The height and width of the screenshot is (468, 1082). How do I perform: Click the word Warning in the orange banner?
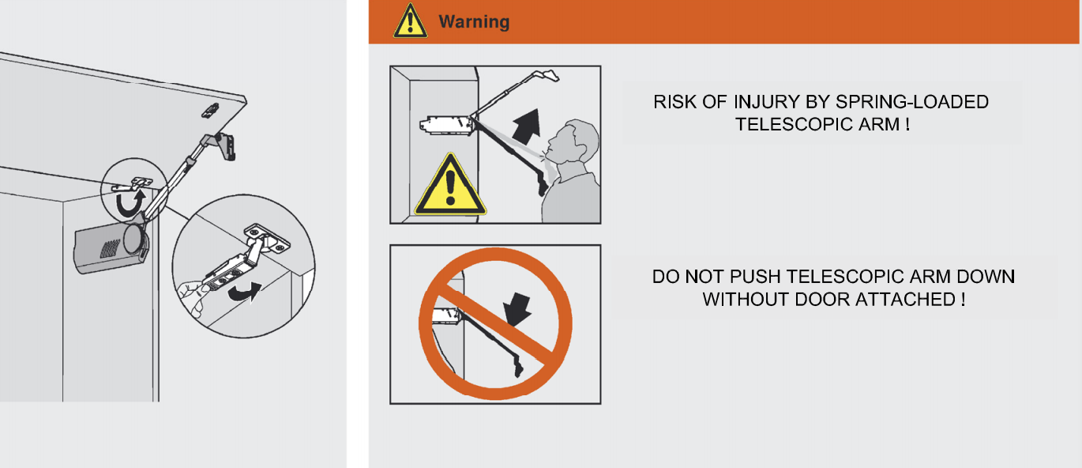pyautogui.click(x=474, y=22)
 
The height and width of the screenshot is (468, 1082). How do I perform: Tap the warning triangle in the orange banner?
pyautogui.click(x=410, y=21)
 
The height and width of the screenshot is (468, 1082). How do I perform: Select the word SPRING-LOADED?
pyautogui.click(x=912, y=102)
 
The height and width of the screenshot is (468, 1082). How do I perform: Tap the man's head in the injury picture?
pyautogui.click(x=574, y=142)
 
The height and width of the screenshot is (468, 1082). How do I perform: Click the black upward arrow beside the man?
pyautogui.click(x=527, y=126)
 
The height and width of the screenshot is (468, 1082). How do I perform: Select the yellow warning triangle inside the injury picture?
pyautogui.click(x=450, y=186)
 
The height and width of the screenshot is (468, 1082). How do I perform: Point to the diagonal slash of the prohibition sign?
pyautogui.click(x=496, y=324)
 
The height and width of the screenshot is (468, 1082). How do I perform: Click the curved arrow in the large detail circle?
pyautogui.click(x=245, y=292)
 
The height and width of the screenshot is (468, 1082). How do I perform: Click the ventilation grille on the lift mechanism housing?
pyautogui.click(x=110, y=248)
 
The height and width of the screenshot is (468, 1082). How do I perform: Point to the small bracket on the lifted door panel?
pyautogui.click(x=211, y=110)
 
